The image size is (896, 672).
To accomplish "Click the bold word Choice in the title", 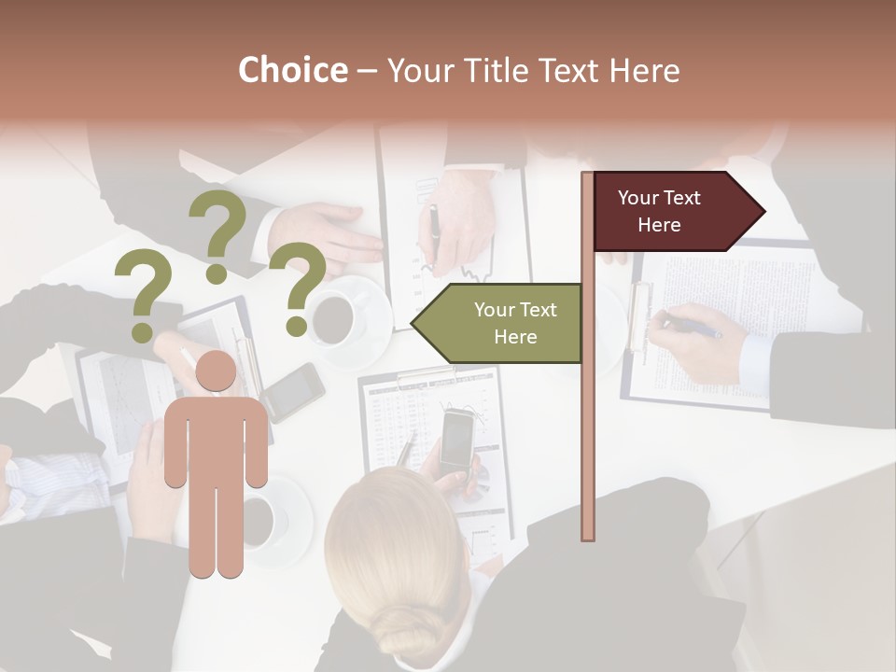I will point(292,71).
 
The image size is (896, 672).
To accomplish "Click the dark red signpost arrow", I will point(672,212).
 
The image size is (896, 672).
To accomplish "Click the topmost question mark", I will point(217,233).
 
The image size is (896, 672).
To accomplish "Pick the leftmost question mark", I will point(143,299).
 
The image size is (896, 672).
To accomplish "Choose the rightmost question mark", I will point(298,287).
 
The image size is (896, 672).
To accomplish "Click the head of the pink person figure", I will point(216,372).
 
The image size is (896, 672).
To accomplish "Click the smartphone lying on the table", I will point(293,390).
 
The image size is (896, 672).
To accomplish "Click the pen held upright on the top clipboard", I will point(433,234).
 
